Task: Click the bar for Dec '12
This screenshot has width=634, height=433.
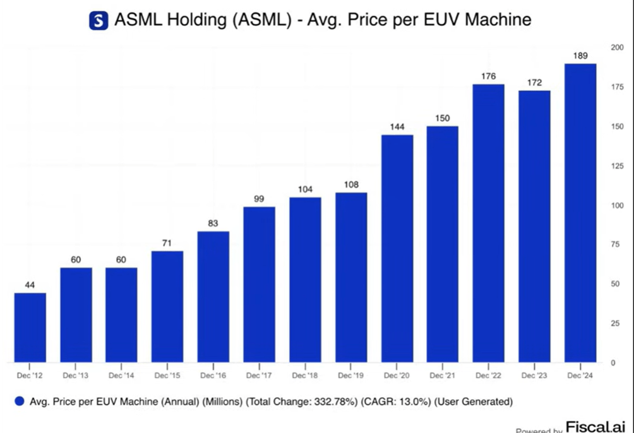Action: coord(30,328)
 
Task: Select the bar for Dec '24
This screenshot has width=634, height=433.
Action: coord(580,213)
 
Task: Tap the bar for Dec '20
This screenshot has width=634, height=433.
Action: coord(397,249)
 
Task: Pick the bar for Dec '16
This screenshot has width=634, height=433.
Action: coord(213,297)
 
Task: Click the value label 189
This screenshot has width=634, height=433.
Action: coord(580,56)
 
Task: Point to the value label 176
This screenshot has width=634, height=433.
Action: coord(488,76)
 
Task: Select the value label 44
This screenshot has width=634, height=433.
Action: coord(30,285)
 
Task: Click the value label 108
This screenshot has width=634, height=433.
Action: coord(351,185)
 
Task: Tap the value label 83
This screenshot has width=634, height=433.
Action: coord(213,224)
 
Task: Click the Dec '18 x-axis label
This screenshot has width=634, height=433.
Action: coord(305,376)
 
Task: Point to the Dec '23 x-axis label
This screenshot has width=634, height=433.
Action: coord(534,376)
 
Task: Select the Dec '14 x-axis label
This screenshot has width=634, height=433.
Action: coord(121,376)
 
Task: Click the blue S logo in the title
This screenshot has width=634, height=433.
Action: coord(99,20)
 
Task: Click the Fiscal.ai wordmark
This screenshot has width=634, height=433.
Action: coord(595,427)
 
